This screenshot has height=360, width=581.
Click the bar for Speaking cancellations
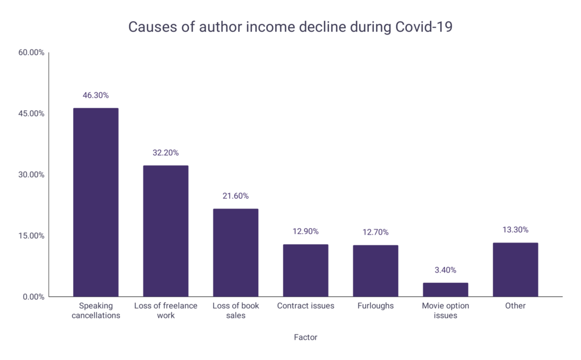95,202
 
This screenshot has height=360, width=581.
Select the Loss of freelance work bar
166,231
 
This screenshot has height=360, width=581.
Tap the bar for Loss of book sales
235,253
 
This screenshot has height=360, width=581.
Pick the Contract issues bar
306,270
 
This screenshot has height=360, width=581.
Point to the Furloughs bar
376,271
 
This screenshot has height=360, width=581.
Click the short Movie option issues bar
445,290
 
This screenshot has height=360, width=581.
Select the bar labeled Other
515,270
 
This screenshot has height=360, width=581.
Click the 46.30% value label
95,95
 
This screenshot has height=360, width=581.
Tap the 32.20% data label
166,153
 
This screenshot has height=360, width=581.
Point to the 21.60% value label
235,196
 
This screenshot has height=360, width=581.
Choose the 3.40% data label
445,270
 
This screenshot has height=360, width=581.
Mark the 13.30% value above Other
515,230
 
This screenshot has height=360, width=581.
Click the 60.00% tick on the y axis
31,52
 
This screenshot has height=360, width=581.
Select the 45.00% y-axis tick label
31,114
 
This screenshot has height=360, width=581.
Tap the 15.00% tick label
31,236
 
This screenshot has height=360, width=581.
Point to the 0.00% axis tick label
33,297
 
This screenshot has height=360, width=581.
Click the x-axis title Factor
306,337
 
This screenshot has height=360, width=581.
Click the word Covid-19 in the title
424,27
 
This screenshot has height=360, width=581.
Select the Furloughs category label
376,306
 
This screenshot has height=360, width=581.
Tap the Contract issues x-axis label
306,306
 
